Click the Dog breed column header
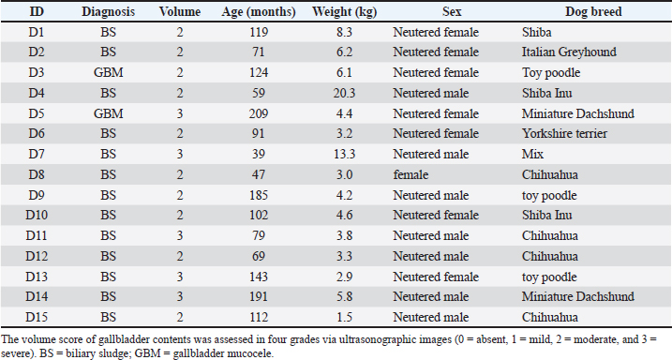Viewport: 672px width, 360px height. pyautogui.click(x=593, y=11)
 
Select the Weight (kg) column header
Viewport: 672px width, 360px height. pyautogui.click(x=345, y=12)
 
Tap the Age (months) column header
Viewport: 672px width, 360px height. pyautogui.click(x=259, y=12)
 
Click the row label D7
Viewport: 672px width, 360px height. pyautogui.click(x=37, y=154)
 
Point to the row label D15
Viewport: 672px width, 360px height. pyautogui.click(x=37, y=317)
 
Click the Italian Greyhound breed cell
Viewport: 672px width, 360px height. pyautogui.click(x=569, y=52)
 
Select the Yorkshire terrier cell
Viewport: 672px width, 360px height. pyautogui.click(x=564, y=133)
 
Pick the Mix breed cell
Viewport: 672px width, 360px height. pyautogui.click(x=532, y=154)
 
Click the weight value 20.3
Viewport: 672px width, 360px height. pyautogui.click(x=345, y=93)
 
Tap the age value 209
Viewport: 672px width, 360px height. pyautogui.click(x=259, y=113)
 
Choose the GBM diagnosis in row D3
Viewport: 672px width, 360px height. pyautogui.click(x=109, y=72)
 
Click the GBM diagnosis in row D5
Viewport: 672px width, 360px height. pyautogui.click(x=109, y=113)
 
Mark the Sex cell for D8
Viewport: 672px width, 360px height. pyautogui.click(x=411, y=174)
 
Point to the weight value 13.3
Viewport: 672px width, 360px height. pyautogui.click(x=345, y=154)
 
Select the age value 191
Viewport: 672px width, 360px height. pyautogui.click(x=259, y=296)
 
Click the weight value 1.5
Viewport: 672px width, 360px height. pyautogui.click(x=345, y=317)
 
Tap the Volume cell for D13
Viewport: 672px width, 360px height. pyautogui.click(x=180, y=277)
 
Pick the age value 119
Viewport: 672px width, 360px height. pyautogui.click(x=259, y=32)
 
